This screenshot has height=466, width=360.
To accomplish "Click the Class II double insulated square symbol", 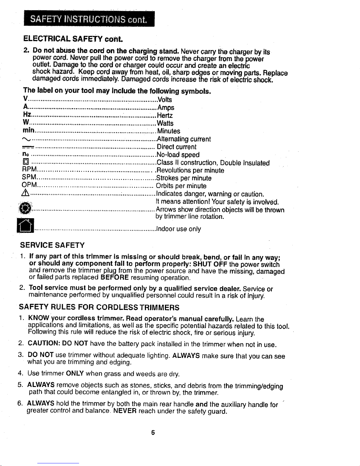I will pos(26,162).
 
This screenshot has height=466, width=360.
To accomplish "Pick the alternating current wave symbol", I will pos(26,139).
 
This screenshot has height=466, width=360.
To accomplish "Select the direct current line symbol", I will pos(28,147).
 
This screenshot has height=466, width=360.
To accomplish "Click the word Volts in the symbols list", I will pos(165,99).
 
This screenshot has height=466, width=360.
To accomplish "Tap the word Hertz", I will pos(165,115).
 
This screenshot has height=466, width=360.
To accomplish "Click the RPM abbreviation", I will pos(29,170).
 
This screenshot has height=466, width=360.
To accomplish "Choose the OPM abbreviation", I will pos(29,185).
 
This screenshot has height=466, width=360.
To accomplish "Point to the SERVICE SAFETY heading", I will pos(52,245).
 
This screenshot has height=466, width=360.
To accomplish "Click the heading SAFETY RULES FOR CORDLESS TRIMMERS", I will pos(99,308).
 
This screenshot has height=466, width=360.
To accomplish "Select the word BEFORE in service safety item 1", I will pos(115,278).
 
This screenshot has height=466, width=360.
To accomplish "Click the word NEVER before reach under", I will pos(124,411).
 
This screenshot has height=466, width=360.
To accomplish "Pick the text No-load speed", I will pos(178,155).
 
